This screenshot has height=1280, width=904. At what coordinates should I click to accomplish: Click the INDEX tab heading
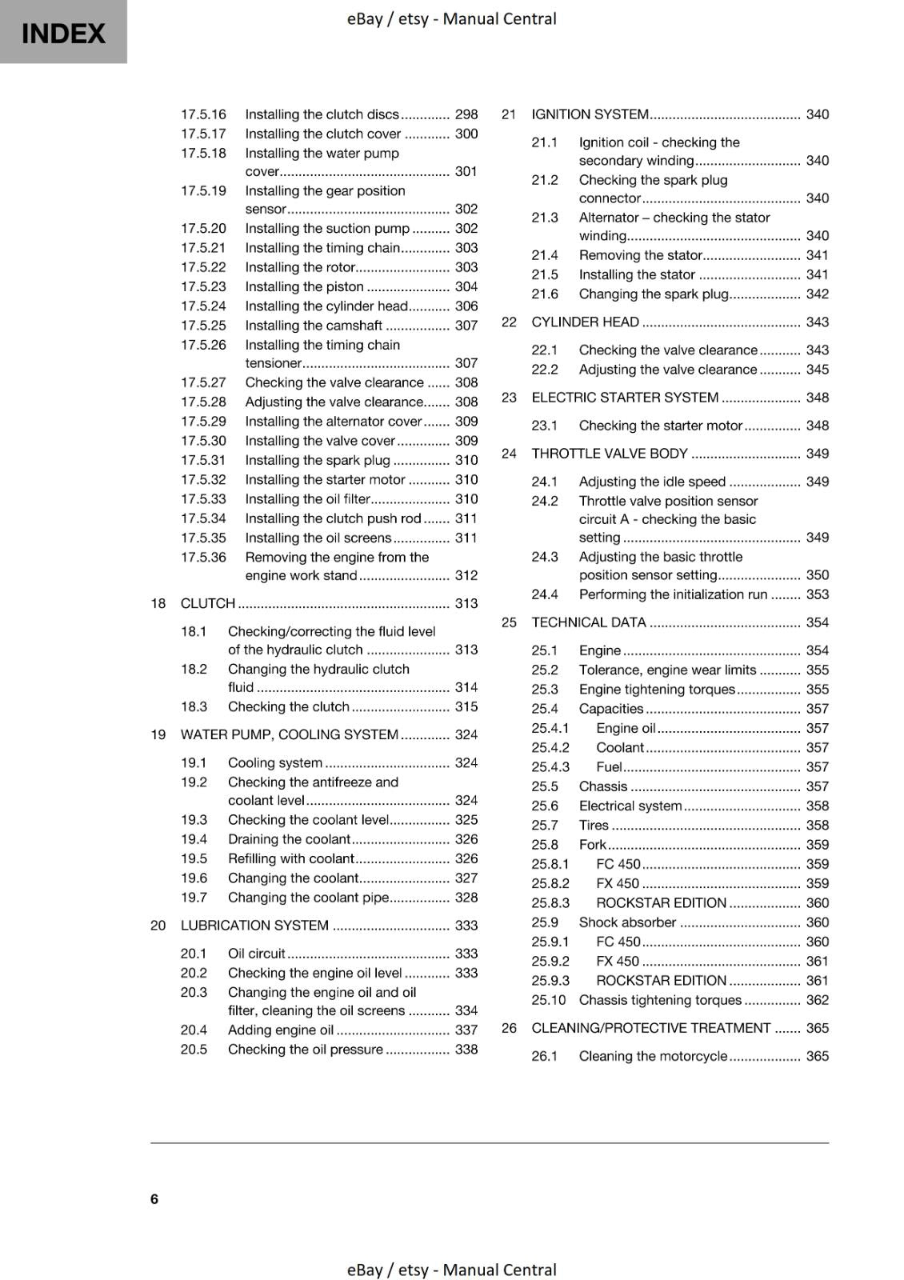tap(63, 34)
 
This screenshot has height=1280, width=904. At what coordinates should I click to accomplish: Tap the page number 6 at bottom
tap(154, 1198)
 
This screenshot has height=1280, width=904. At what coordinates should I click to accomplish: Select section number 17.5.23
tap(203, 286)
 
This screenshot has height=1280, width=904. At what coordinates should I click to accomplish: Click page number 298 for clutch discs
tap(466, 114)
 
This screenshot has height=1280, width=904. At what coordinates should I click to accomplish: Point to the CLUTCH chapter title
tap(208, 603)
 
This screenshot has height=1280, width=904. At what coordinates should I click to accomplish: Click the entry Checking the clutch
tap(289, 706)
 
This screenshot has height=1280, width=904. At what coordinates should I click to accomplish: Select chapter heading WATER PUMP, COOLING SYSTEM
tap(289, 734)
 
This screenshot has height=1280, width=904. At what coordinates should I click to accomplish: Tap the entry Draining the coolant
tap(289, 839)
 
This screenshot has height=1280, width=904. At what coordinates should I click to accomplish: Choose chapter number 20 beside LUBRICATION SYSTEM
tap(158, 926)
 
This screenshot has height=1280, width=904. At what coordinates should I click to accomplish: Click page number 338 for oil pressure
tap(466, 1050)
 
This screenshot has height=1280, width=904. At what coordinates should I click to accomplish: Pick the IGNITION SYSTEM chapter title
tap(590, 114)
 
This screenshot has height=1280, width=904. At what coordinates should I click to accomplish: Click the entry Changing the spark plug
tap(654, 294)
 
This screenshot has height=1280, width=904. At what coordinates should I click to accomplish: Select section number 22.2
tap(544, 370)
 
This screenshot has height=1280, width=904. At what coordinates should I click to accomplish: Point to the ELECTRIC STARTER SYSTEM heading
tap(625, 398)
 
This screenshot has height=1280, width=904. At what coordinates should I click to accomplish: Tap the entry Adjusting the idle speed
tap(652, 482)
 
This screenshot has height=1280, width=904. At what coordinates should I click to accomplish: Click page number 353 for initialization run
tap(817, 594)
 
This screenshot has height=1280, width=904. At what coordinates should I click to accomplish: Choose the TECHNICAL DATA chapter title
tap(588, 622)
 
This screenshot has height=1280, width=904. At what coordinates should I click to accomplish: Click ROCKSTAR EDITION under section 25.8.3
tap(661, 903)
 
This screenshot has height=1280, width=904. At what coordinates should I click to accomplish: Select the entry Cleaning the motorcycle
tap(653, 1056)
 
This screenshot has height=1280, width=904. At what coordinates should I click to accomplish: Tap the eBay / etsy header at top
tap(451, 18)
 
